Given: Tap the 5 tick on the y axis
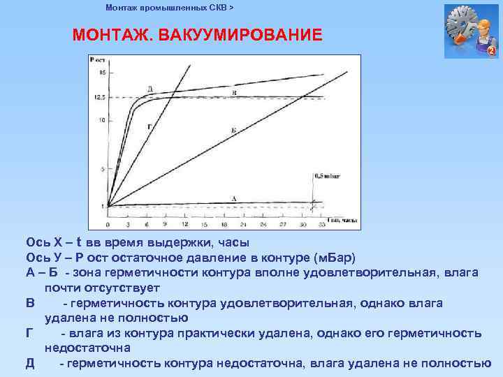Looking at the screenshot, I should (x=102, y=169).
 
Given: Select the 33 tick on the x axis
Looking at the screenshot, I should (x=321, y=226).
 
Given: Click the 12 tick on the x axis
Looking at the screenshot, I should (x=184, y=226).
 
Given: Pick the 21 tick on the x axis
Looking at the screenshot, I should (x=242, y=226).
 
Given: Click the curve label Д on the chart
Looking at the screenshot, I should (x=151, y=89).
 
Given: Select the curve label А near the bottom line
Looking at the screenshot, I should (x=233, y=199).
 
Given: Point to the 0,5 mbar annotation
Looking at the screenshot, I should (x=328, y=177).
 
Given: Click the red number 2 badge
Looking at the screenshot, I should (x=491, y=52).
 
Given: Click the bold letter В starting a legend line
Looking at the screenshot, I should (x=29, y=303).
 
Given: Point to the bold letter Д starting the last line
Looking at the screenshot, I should (x=30, y=363).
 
